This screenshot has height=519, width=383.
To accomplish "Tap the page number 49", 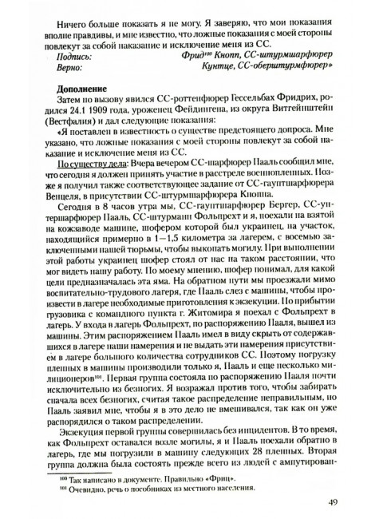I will tap(334, 502).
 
